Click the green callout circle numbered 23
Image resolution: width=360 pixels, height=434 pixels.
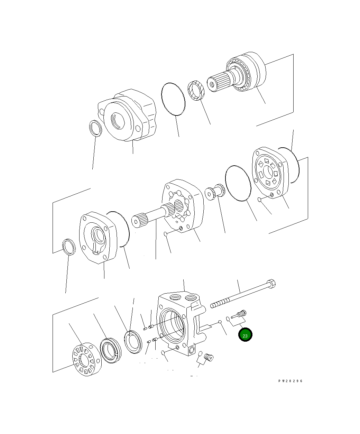245,335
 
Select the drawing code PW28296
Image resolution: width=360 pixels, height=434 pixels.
290,381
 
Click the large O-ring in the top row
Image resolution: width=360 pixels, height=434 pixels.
173,99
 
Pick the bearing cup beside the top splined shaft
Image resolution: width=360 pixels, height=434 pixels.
196,91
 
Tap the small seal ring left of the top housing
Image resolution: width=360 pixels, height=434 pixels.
95,128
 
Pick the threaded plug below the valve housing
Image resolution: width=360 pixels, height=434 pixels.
208,357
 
